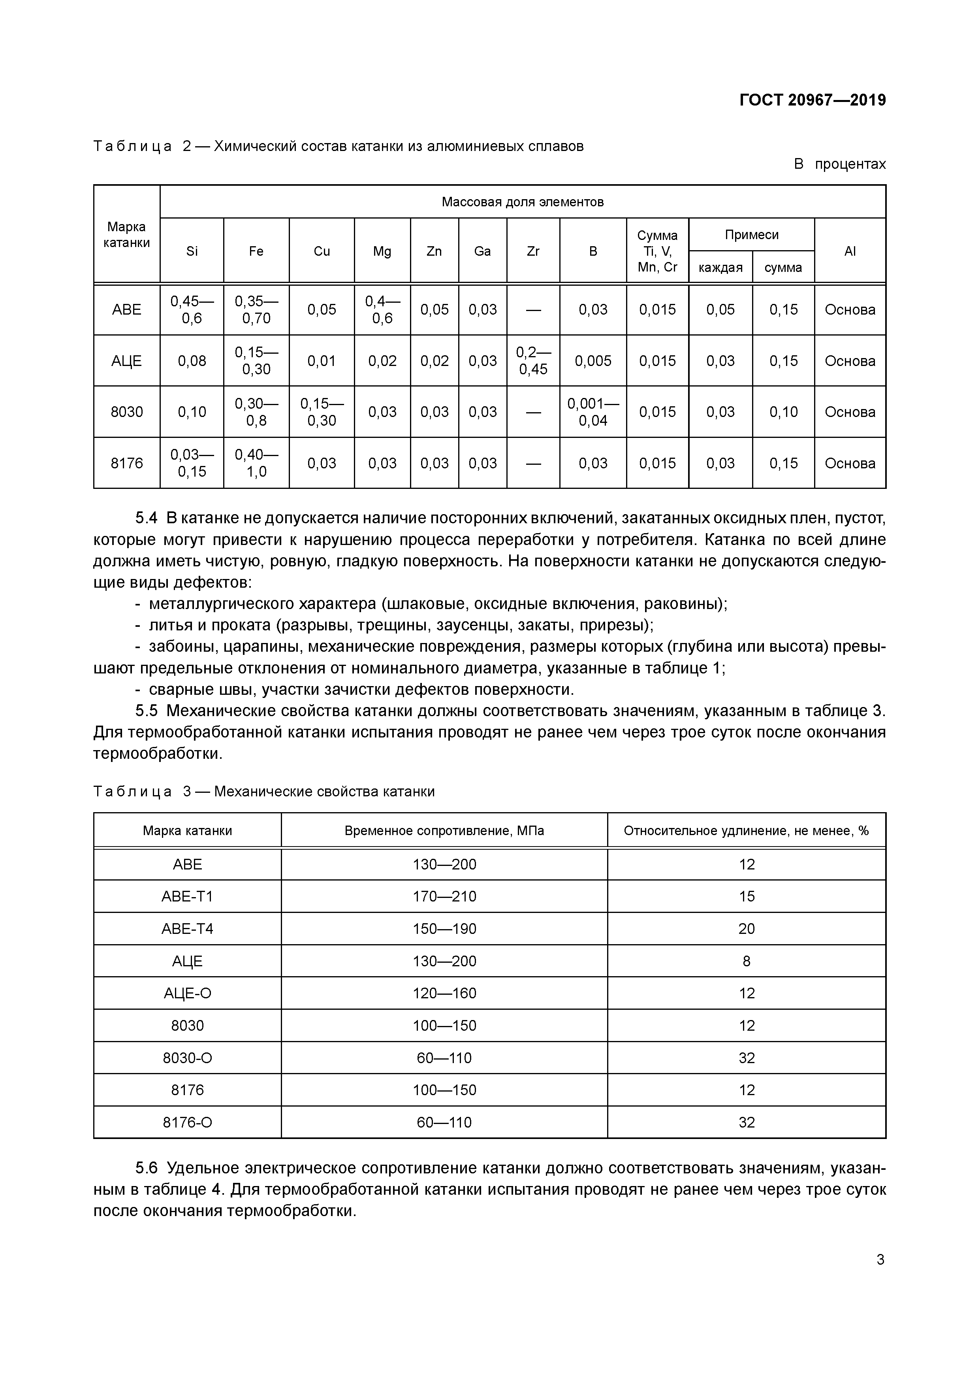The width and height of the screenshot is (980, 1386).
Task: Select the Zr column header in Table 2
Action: tap(533, 251)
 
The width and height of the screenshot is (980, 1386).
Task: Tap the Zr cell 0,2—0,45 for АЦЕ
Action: tap(533, 360)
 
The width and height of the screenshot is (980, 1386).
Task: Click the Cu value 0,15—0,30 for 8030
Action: tap(322, 412)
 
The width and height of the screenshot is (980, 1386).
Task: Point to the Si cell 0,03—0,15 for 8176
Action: tap(192, 463)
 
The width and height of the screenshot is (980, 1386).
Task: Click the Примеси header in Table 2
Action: tap(751, 235)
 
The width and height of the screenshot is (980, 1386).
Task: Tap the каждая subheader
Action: tap(720, 268)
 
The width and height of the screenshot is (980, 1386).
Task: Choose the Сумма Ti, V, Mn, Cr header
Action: tap(657, 251)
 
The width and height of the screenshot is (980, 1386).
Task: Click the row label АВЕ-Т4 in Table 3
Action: tap(187, 928)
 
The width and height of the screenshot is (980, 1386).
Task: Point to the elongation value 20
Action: tap(747, 928)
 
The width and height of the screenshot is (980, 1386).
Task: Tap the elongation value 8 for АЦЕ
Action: tap(747, 961)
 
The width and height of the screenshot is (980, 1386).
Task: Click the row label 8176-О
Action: tap(187, 1122)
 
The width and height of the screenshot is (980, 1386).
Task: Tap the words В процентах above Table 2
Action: tap(839, 164)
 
